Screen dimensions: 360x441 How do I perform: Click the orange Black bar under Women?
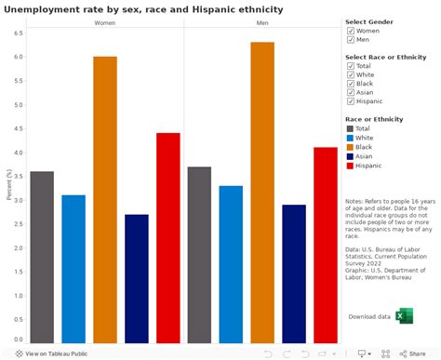[105, 200]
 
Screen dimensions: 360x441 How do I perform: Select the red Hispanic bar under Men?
[326, 246]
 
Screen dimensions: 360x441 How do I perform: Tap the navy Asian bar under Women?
[137, 279]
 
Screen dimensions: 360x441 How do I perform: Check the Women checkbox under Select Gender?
[351, 31]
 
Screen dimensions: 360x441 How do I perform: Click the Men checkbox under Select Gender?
[351, 40]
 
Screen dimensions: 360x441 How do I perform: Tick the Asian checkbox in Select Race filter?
[351, 92]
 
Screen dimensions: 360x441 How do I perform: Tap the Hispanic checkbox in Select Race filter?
[351, 101]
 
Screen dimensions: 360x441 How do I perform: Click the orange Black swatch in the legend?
[350, 147]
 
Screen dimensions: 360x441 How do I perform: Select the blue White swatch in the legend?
[350, 138]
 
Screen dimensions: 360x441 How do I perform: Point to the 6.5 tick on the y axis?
[20, 33]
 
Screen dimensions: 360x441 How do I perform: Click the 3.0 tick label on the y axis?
[20, 200]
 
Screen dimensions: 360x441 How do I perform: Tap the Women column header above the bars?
[105, 21]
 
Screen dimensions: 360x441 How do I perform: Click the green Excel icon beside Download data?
[404, 316]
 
